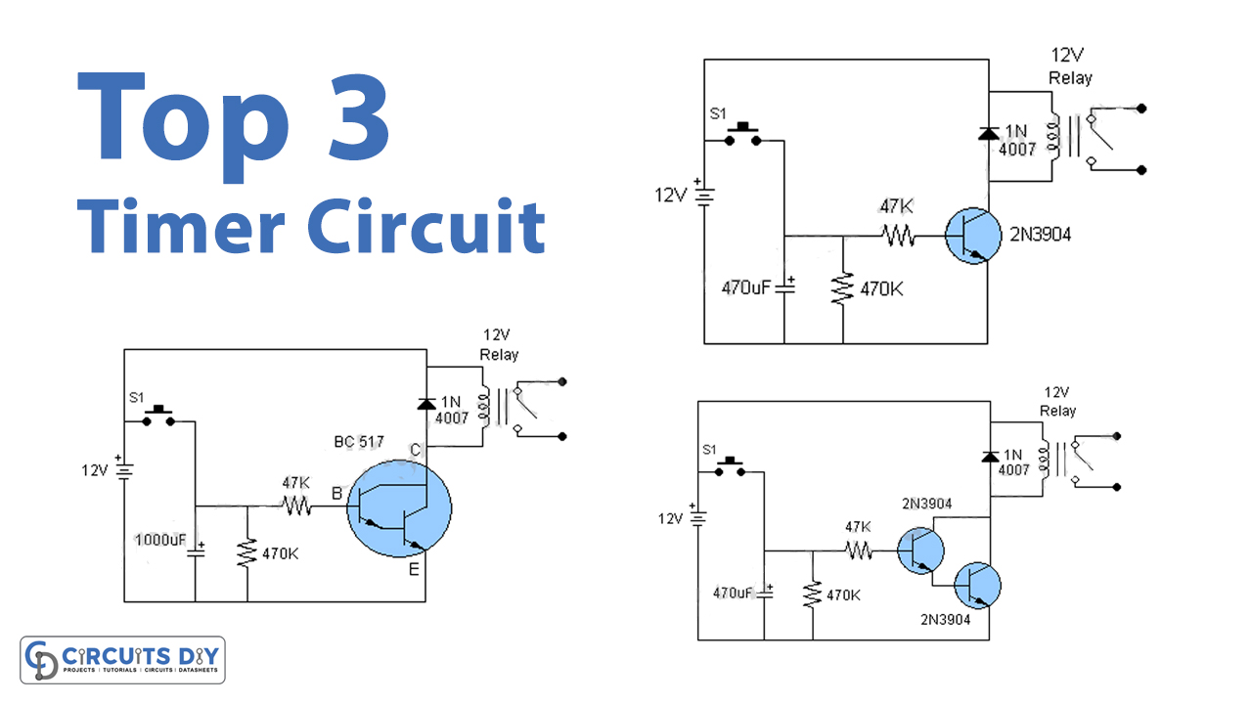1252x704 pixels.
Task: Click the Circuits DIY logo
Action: (x=123, y=660)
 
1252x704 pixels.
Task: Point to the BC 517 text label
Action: (x=358, y=443)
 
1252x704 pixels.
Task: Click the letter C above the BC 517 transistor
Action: (x=415, y=451)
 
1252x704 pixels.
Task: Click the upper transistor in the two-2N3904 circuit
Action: (x=921, y=550)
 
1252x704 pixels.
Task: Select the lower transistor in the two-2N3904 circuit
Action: (x=975, y=586)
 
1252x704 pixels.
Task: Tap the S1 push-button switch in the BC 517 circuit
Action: (x=157, y=417)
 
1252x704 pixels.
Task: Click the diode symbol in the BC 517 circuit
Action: (x=425, y=403)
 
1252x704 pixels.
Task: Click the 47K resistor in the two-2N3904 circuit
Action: (x=859, y=550)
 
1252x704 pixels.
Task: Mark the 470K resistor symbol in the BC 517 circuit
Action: (x=246, y=553)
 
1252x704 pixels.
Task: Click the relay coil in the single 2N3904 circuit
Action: (x=1053, y=137)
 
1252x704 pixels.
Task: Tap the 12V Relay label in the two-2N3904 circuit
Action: (x=1057, y=402)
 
